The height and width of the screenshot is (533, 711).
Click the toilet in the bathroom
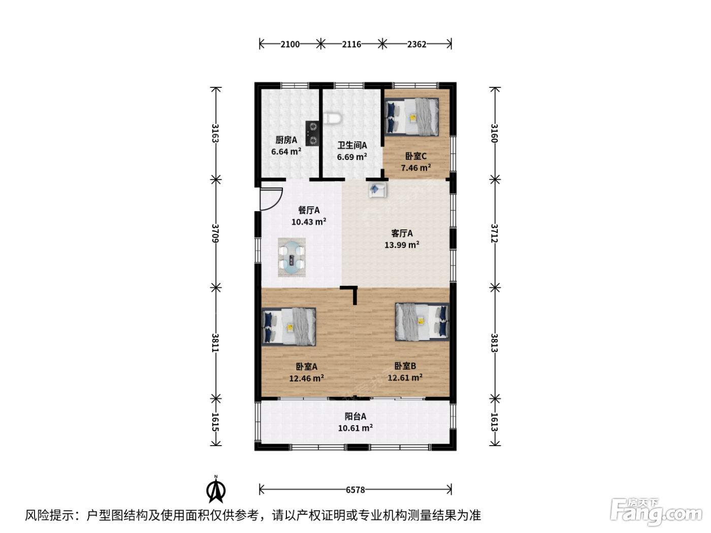(x=332, y=118)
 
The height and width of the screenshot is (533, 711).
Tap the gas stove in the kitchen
(x=312, y=134)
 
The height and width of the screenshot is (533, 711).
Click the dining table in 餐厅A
(x=292, y=257)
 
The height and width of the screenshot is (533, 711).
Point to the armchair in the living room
(x=378, y=190)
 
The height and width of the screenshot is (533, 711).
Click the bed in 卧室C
(x=412, y=117)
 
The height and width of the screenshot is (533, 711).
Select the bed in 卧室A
(x=288, y=327)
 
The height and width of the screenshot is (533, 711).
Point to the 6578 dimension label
(x=355, y=490)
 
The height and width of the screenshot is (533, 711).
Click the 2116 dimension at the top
(x=351, y=44)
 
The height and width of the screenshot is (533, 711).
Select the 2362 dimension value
(x=416, y=44)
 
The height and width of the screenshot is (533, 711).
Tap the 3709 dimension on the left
(x=215, y=233)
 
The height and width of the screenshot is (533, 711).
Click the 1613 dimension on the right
(x=494, y=422)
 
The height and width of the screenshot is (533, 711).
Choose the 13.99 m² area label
(x=402, y=245)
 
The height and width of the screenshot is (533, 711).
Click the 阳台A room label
(x=355, y=416)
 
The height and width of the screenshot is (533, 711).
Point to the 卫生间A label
(x=352, y=145)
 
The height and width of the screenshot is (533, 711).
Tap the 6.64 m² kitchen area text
(x=286, y=151)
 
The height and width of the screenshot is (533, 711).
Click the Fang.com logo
(x=656, y=512)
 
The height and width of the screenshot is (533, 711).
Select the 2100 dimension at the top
(x=290, y=44)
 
